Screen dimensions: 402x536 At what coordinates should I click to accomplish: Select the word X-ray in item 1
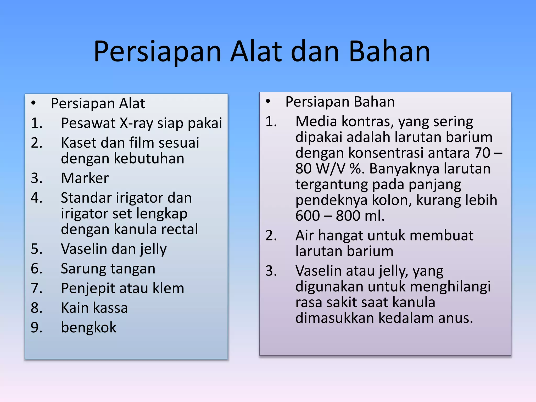point(136,123)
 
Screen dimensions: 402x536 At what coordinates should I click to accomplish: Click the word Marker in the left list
point(85,178)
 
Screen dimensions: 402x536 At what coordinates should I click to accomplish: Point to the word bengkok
point(88,328)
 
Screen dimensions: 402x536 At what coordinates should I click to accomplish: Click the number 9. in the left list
point(37,327)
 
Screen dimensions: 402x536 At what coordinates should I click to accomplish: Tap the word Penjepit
point(87,288)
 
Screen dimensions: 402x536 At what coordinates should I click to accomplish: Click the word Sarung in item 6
point(83,269)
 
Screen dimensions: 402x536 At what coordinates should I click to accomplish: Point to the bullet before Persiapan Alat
point(33,103)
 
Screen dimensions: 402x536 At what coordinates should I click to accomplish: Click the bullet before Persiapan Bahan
point(268,102)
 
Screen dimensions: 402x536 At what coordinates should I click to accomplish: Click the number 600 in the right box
point(308,216)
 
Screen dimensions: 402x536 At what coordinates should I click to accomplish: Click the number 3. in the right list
point(271,271)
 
